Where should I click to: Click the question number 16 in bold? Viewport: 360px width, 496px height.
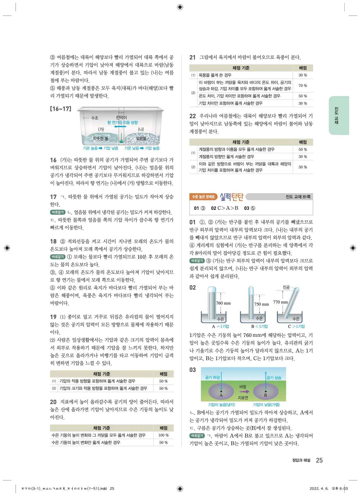(53, 160)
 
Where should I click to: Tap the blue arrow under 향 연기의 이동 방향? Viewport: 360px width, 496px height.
(120, 127)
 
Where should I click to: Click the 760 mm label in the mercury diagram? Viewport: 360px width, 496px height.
(223, 303)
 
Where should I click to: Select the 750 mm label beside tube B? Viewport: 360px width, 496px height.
(261, 304)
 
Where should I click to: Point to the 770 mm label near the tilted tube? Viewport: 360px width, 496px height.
(280, 302)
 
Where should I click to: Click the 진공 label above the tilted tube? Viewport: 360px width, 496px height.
(286, 287)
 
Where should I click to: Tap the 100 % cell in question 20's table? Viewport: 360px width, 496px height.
(163, 435)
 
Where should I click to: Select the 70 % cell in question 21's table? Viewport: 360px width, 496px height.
(303, 86)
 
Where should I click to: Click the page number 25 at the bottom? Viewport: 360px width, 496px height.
(319, 460)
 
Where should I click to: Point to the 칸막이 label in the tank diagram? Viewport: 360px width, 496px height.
(121, 117)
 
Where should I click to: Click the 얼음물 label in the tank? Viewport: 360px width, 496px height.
(141, 138)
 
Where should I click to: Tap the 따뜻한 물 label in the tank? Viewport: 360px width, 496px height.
(100, 138)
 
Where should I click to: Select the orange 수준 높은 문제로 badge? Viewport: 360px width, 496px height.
(203, 197)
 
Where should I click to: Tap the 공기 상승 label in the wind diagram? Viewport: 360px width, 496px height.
(274, 378)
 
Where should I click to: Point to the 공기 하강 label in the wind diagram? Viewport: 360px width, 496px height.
(212, 377)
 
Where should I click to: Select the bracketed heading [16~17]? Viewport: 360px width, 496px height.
(61, 109)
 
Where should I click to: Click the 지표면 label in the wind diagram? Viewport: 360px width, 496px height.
(243, 398)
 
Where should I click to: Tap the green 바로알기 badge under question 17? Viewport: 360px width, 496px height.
(58, 212)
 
